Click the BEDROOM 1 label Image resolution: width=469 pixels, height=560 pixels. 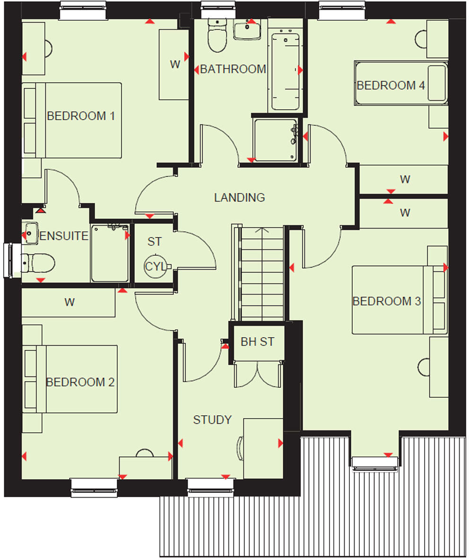pyautogui.click(x=81, y=116)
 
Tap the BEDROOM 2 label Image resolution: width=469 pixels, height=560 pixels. pyautogui.click(x=80, y=382)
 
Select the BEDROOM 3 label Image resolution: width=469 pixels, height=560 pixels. pyautogui.click(x=386, y=301)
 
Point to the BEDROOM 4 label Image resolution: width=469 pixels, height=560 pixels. pyautogui.click(x=391, y=86)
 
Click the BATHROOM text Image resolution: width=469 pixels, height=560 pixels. pyautogui.click(x=233, y=69)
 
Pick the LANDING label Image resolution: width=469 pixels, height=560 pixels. pyautogui.click(x=239, y=197)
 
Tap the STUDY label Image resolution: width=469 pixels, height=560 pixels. pyautogui.click(x=212, y=420)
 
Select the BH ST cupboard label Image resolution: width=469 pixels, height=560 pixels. pyautogui.click(x=257, y=342)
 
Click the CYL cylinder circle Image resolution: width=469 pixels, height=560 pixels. pyautogui.click(x=156, y=267)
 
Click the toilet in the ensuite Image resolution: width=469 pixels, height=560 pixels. pyautogui.click(x=38, y=262)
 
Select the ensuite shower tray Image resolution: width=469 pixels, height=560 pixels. pyautogui.click(x=110, y=254)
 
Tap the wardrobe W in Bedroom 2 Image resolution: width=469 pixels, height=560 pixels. pyautogui.click(x=69, y=303)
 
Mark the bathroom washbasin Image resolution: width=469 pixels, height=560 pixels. pyautogui.click(x=247, y=30)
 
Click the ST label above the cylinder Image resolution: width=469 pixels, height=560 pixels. pyautogui.click(x=154, y=242)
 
